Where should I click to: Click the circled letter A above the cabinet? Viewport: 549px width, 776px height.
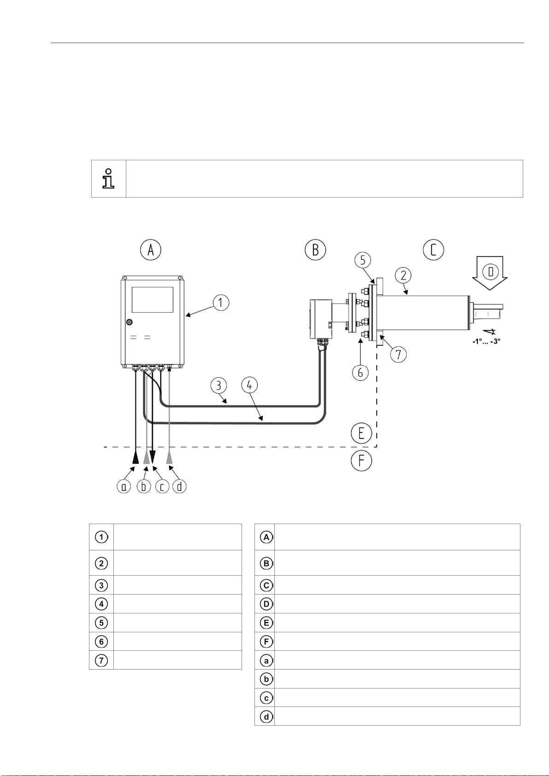(151, 250)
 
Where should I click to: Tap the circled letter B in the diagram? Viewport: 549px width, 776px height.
(315, 250)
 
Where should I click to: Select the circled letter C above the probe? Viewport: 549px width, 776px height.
(433, 250)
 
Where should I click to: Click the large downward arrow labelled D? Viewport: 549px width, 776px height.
(490, 273)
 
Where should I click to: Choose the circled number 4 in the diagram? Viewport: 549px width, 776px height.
(249, 385)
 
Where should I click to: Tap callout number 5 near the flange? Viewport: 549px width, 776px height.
(363, 260)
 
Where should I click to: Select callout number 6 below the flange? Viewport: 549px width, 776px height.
(360, 373)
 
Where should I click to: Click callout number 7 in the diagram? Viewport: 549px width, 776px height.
(398, 354)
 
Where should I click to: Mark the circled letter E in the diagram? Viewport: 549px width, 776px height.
(361, 433)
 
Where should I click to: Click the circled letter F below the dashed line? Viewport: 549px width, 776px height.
(361, 461)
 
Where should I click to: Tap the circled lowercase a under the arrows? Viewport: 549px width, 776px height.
(124, 487)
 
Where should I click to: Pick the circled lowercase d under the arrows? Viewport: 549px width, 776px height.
(180, 487)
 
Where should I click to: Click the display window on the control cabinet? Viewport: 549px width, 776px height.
(152, 300)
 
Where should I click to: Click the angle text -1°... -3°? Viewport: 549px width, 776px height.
(487, 341)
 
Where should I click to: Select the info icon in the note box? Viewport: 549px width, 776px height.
(108, 179)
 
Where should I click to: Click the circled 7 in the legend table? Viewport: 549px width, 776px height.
(101, 660)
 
